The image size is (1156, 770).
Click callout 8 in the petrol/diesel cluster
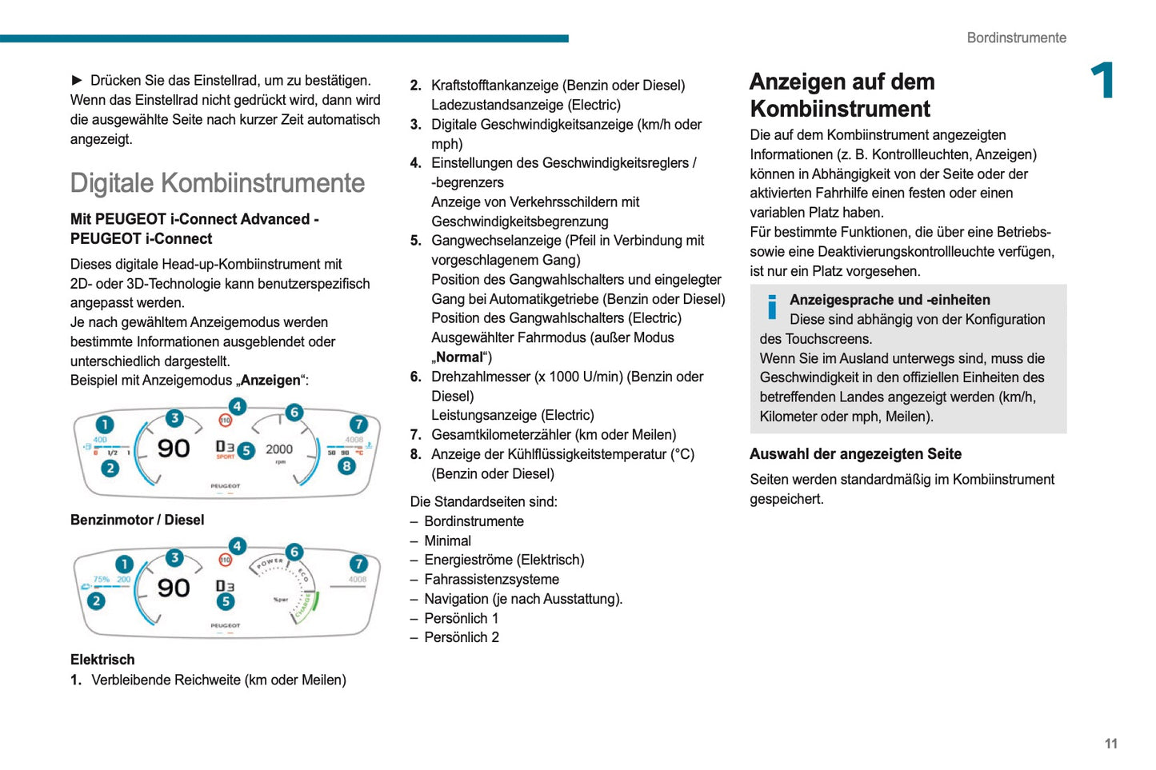pos(346,465)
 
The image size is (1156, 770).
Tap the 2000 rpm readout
pos(279,449)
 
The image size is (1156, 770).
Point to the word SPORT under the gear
pos(226,457)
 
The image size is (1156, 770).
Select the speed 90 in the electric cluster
pos(174,588)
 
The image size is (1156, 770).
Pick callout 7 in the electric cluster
pos(358,564)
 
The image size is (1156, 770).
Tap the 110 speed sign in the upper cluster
pos(226,420)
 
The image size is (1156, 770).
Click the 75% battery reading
pos(102,579)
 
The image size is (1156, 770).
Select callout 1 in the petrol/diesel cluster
pos(105,425)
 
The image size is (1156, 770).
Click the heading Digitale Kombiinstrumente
pos(217,183)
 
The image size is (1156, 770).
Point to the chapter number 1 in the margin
pos(1103,81)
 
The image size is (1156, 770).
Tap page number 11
pos(1110,744)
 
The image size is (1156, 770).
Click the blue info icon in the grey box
pos(772,307)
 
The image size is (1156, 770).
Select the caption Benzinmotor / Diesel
pos(137,520)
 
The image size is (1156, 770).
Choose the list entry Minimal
pos(447,541)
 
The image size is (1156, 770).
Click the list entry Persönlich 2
pos(461,637)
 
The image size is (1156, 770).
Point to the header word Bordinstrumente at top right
pos(1016,38)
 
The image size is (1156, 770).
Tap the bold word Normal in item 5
pos(460,357)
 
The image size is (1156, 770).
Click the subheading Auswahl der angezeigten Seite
pos(855,454)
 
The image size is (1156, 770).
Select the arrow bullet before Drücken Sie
pos(78,80)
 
